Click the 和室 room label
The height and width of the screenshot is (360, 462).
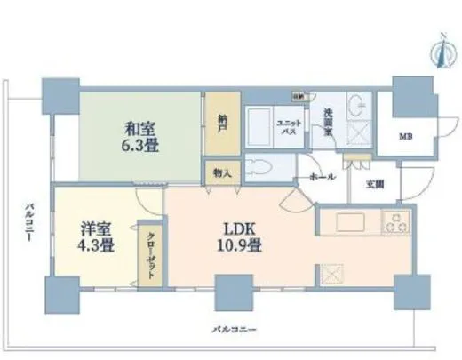pos(136,127)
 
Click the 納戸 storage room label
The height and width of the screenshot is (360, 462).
pos(221,129)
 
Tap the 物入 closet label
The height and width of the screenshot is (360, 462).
pos(221,172)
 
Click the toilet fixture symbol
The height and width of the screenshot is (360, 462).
pos(259,166)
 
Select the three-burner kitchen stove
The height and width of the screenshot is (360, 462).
pos(394,222)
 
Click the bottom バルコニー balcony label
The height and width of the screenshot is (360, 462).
pos(230,330)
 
